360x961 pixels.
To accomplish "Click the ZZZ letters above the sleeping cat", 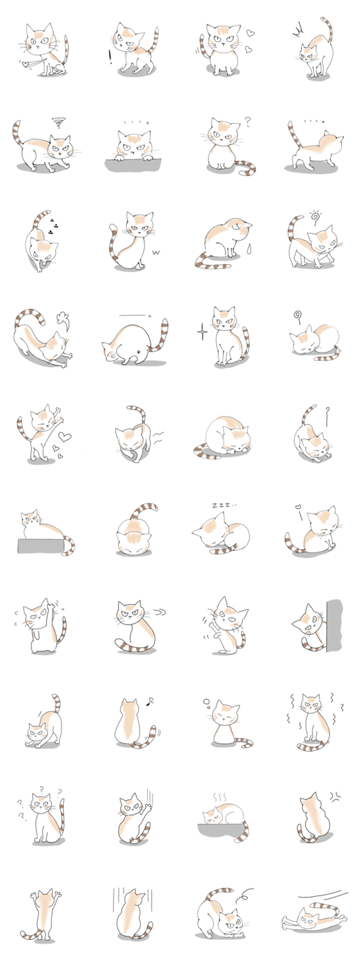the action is [223, 505].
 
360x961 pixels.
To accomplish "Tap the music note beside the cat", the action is [151, 702].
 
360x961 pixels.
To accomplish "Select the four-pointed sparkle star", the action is [202, 333].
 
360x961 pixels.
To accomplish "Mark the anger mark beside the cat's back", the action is [334, 797].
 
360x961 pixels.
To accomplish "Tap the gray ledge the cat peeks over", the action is [133, 164].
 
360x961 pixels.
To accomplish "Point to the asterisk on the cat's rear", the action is [138, 352].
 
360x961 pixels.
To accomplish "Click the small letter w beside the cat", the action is [156, 252].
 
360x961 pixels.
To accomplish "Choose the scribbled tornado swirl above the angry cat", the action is [58, 123].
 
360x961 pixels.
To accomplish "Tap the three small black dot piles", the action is [53, 227].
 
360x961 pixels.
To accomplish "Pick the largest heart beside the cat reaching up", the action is [65, 437].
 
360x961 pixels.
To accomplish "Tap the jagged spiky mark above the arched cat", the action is [297, 31].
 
